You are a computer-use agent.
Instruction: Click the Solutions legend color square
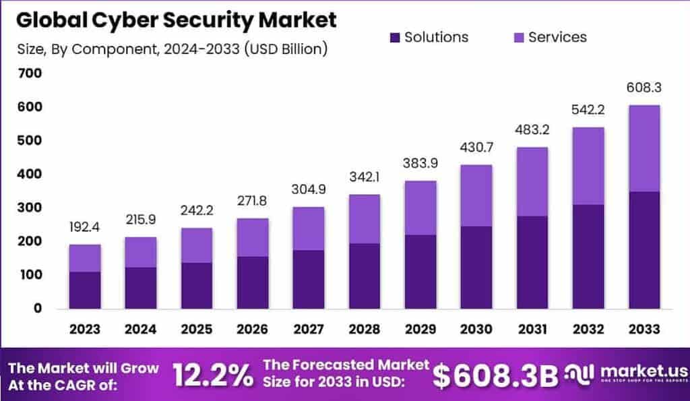394,38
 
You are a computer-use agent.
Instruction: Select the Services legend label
557,38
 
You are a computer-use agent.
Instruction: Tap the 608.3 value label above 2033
644,88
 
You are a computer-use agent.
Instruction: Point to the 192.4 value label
85,227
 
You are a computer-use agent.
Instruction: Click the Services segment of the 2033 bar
644,148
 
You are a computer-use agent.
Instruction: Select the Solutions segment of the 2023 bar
85,290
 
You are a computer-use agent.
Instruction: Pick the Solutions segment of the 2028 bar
365,276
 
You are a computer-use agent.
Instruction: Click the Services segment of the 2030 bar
476,195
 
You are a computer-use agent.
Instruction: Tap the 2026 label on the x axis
253,329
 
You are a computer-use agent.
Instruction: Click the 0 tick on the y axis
38,309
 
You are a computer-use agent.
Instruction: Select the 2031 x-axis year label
532,329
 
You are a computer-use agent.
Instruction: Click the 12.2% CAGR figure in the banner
212,376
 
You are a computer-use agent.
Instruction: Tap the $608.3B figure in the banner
495,376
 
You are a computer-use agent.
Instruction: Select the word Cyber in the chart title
132,20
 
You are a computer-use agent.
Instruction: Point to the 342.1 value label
365,178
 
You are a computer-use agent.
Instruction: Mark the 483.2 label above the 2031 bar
532,131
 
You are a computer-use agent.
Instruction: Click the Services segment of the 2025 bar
197,245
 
